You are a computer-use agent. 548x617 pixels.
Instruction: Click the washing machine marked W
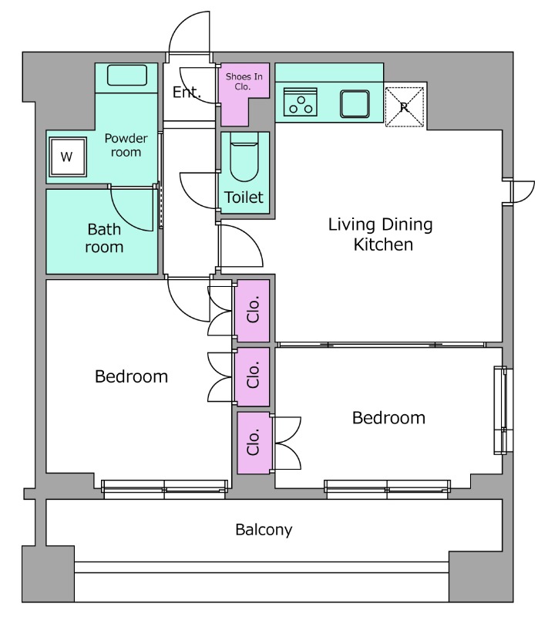pyautogui.click(x=68, y=157)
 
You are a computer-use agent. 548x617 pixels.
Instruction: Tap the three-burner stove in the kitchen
pyautogui.click(x=301, y=102)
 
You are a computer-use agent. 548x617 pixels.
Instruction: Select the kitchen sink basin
pyautogui.click(x=355, y=104)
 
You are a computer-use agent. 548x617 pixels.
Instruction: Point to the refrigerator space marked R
pyautogui.click(x=405, y=106)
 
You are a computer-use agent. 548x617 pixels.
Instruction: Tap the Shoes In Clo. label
pyautogui.click(x=244, y=82)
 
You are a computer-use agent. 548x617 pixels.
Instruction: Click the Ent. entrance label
pyautogui.click(x=187, y=93)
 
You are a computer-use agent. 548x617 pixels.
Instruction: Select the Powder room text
pyautogui.click(x=126, y=145)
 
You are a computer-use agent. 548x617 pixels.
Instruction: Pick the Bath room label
pyautogui.click(x=104, y=238)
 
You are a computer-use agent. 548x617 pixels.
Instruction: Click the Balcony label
pyautogui.click(x=264, y=530)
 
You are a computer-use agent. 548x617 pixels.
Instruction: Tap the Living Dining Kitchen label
pyautogui.click(x=381, y=234)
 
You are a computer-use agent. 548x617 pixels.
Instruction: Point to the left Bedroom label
pyautogui.click(x=131, y=376)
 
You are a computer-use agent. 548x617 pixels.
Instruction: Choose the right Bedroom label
pyautogui.click(x=388, y=418)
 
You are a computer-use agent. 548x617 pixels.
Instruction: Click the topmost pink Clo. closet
pyautogui.click(x=252, y=311)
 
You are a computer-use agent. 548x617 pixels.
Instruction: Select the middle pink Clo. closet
pyautogui.click(x=252, y=376)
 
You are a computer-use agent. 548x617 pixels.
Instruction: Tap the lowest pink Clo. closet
pyautogui.click(x=254, y=443)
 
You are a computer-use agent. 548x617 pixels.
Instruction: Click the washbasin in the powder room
pyautogui.click(x=127, y=75)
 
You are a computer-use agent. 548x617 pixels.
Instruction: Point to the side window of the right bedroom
pyautogui.click(x=503, y=410)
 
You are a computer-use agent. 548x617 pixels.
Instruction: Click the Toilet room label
pyautogui.click(x=244, y=197)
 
